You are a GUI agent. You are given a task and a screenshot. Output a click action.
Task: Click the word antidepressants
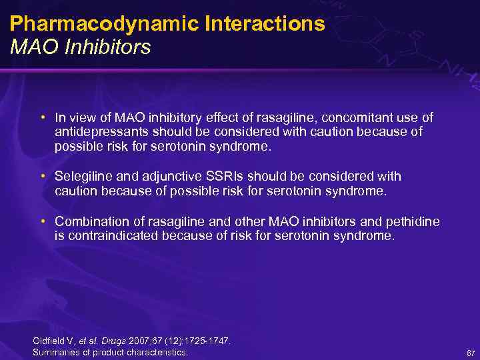[98, 132]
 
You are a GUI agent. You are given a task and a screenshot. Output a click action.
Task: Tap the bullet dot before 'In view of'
[42, 118]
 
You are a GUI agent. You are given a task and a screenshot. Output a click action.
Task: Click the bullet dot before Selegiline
[42, 177]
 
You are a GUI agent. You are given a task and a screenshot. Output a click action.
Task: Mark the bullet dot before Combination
[42, 221]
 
